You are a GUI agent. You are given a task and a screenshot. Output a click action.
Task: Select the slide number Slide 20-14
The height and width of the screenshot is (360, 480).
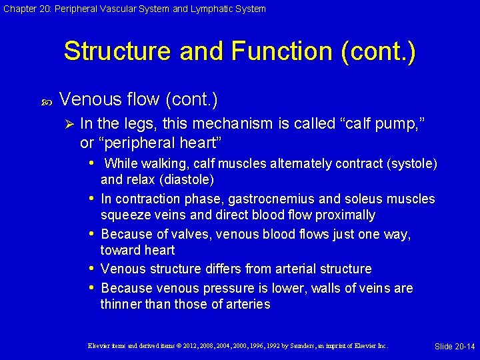(455, 346)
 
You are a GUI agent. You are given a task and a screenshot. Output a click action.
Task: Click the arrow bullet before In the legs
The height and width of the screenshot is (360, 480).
(67, 123)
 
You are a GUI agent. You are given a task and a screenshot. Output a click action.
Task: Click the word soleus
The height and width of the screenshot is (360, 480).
(388, 199)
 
